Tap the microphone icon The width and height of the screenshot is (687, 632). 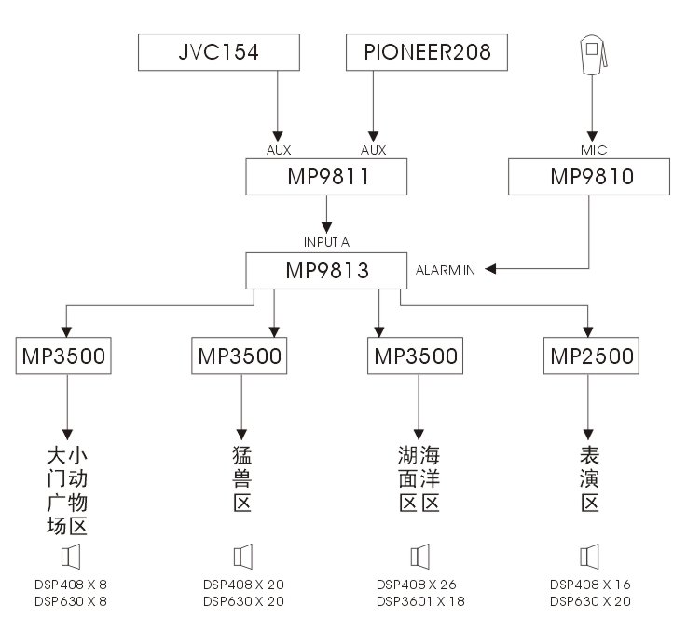pos(591,56)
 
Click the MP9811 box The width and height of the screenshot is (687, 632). pos(327,176)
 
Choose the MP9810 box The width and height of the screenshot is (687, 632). pos(590,176)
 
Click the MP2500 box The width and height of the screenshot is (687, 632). pos(590,356)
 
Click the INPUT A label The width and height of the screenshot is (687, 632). pos(326,241)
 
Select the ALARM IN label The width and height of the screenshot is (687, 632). pos(446,270)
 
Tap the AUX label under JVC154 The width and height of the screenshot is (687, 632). pos(278,148)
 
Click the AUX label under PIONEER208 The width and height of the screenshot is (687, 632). pos(373,148)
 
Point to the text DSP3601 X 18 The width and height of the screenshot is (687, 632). pos(419,601)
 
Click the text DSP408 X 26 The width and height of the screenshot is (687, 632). pos(417,585)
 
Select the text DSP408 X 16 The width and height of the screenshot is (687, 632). pos(590,585)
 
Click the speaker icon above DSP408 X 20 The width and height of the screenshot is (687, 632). pos(243,557)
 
